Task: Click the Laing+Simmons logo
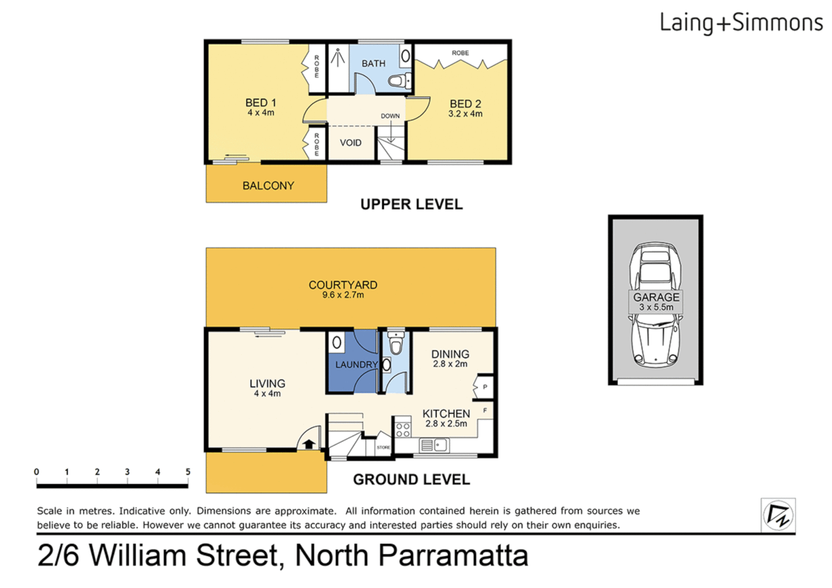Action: [x=741, y=23]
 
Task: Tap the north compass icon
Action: [x=778, y=514]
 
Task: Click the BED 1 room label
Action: [x=261, y=103]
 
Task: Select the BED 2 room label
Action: [x=465, y=104]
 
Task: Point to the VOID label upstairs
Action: [x=350, y=143]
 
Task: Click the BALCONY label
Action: [x=268, y=186]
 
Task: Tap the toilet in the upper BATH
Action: [x=399, y=82]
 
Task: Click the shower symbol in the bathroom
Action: [x=338, y=57]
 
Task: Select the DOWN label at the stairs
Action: [x=390, y=116]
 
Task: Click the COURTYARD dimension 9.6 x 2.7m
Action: [x=342, y=295]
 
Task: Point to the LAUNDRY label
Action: [x=356, y=364]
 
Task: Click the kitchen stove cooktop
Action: [x=403, y=429]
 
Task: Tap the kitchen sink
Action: [x=434, y=445]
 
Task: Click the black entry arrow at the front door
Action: [x=309, y=444]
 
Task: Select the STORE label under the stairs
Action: [x=383, y=448]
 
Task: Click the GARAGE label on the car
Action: [x=656, y=297]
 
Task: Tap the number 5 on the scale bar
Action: [x=188, y=472]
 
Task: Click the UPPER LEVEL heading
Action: [x=411, y=204]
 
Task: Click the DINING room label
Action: [x=450, y=354]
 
